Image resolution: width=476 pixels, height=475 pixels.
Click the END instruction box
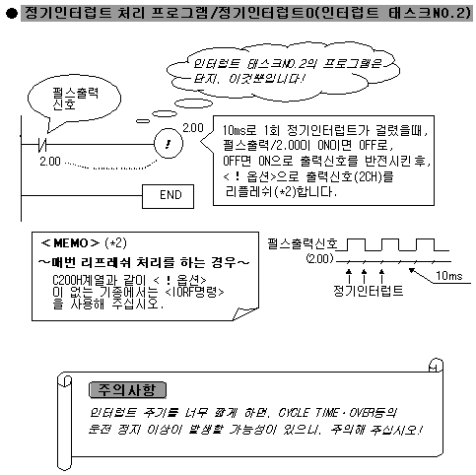click(x=168, y=196)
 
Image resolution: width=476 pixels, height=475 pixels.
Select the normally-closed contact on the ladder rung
click(x=42, y=144)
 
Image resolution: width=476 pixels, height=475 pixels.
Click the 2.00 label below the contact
click(x=50, y=162)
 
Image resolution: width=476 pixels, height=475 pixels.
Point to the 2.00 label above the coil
click(x=193, y=127)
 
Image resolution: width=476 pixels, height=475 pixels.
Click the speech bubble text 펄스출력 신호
click(x=75, y=99)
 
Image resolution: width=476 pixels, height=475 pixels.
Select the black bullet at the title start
click(x=12, y=14)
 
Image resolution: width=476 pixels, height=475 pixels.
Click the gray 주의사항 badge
click(x=128, y=390)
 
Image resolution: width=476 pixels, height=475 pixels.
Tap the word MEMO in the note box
click(x=70, y=243)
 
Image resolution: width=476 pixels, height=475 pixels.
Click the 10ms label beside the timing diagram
click(x=449, y=276)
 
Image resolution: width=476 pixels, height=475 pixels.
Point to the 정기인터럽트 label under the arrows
click(x=368, y=291)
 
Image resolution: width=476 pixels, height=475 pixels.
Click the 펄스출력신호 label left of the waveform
click(x=303, y=243)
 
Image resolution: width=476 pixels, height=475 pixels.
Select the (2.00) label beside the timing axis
click(x=319, y=259)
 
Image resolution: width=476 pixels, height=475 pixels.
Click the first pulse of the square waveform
click(x=356, y=245)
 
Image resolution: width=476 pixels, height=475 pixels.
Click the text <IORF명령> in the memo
click(x=194, y=292)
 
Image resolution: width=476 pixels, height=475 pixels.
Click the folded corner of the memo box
click(x=243, y=314)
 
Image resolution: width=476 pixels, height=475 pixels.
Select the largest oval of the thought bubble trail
click(x=193, y=103)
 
